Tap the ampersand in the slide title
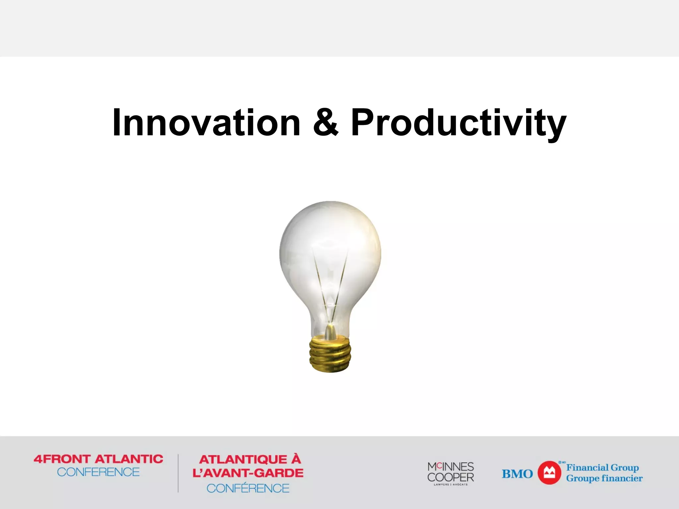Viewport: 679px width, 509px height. pyautogui.click(x=326, y=123)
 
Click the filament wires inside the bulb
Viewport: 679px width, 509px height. pyautogui.click(x=330, y=285)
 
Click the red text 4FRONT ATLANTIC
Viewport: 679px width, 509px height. pyautogui.click(x=98, y=459)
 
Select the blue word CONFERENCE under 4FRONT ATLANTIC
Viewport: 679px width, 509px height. pyautogui.click(x=98, y=472)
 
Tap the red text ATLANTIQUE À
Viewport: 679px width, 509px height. pyautogui.click(x=250, y=459)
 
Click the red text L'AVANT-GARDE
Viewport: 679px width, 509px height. pyautogui.click(x=248, y=473)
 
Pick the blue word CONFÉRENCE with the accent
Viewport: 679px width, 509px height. pyautogui.click(x=248, y=488)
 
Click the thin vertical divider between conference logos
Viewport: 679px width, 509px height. pyautogui.click(x=178, y=473)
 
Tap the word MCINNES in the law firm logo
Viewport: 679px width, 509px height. pyautogui.click(x=451, y=467)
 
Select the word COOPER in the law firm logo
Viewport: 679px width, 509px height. pyautogui.click(x=451, y=477)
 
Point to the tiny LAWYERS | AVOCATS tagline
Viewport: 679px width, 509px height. pyautogui.click(x=451, y=484)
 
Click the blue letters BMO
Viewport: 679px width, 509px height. pyautogui.click(x=517, y=474)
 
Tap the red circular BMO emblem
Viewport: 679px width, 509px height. pyautogui.click(x=549, y=473)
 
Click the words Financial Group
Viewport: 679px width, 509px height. pyautogui.click(x=602, y=468)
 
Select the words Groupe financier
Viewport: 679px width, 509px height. pyautogui.click(x=604, y=478)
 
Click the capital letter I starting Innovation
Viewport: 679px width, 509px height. pyautogui.click(x=116, y=123)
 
